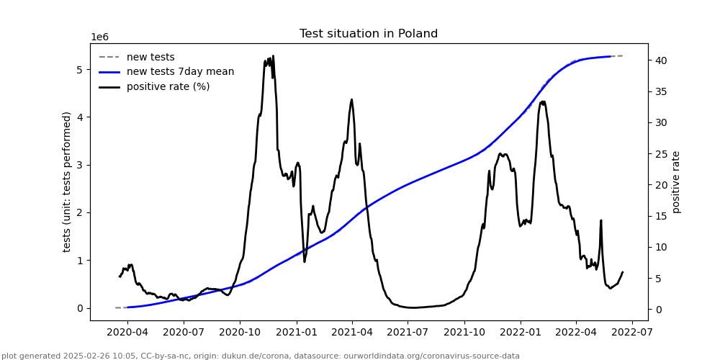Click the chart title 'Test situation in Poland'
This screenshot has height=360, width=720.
pos(368,34)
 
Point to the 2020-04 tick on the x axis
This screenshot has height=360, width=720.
pos(127,333)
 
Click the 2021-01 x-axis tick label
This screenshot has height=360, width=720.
pos(296,333)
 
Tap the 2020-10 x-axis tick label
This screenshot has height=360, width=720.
pos(240,333)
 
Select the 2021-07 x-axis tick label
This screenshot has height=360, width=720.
pos(408,333)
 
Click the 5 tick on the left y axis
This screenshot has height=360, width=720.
pos(81,70)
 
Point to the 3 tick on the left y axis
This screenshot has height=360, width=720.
pos(81,165)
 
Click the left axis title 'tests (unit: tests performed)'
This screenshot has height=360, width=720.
pos(67,181)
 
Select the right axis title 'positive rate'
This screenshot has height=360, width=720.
pos(676,181)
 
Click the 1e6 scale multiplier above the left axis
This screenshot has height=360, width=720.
pos(99,37)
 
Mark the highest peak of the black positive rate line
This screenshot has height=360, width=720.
pos(273,56)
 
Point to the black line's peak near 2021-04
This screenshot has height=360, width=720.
pos(351,99)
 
